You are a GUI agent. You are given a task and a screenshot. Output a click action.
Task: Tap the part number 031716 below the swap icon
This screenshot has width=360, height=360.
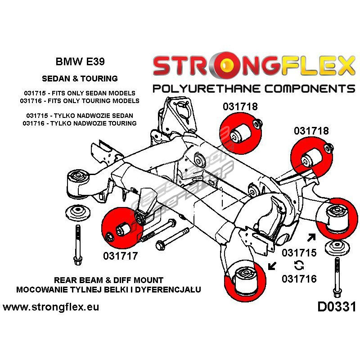click(x=299, y=279)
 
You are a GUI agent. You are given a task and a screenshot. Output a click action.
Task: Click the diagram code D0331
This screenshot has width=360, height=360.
click(x=337, y=307)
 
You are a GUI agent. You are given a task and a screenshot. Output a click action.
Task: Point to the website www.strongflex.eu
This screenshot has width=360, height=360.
click(x=51, y=307)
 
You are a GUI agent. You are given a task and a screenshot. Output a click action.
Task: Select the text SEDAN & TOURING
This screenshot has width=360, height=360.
click(x=79, y=78)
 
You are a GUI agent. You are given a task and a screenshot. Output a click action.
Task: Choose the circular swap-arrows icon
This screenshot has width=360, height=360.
click(x=298, y=265)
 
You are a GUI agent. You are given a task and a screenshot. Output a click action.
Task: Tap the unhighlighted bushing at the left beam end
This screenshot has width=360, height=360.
click(x=79, y=182)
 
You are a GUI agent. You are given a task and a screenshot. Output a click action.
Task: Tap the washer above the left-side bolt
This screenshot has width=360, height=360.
click(x=78, y=213)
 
